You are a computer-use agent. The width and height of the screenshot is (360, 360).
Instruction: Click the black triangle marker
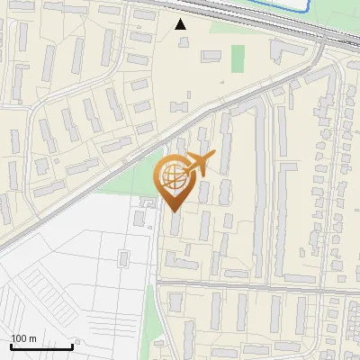pyautogui.click(x=181, y=24)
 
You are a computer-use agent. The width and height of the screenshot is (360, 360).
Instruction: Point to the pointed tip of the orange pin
pyautogui.click(x=173, y=210)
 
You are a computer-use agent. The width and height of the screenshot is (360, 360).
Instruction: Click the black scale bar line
pyautogui.click(x=41, y=346)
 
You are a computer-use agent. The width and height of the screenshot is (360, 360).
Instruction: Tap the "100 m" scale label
pyautogui.click(x=24, y=338)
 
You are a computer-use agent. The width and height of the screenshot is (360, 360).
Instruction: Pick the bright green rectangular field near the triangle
pyautogui.click(x=238, y=58)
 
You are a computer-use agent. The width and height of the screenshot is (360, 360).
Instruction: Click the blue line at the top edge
pyautogui.click(x=270, y=5)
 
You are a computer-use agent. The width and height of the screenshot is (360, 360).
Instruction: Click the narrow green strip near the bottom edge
pyautogui.click(x=151, y=315)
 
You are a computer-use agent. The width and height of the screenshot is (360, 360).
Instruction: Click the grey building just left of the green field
pyautogui.click(x=211, y=56)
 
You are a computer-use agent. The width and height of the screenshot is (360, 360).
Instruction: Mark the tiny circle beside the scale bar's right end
pyautogui.click(x=78, y=343)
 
